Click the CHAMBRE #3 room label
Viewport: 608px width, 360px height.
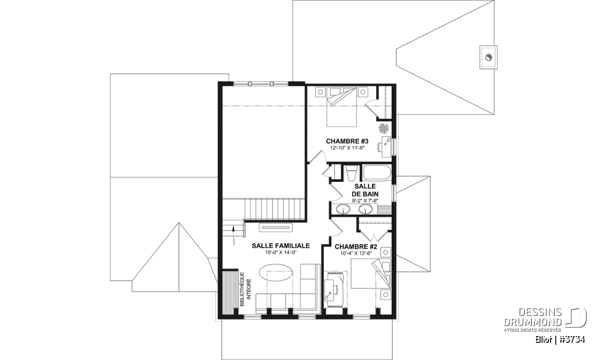pos(347,141)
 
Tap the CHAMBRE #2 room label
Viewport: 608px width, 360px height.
pos(356,247)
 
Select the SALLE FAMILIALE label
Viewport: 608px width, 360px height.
pos(281,246)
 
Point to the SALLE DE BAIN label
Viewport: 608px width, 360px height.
pos(365,190)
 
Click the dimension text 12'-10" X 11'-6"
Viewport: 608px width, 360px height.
pos(347,148)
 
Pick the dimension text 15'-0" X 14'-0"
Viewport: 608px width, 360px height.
pos(281,253)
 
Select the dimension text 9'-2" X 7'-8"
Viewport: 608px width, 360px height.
pos(365,201)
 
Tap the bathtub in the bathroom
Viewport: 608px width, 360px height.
pos(377,172)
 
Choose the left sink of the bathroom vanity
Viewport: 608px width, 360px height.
pos(344,210)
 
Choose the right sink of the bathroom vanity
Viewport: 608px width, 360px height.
pos(366,210)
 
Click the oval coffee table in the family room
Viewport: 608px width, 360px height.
pos(276,273)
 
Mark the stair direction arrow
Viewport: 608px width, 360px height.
pos(233,235)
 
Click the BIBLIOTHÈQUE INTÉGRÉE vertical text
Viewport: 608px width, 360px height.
pos(245,289)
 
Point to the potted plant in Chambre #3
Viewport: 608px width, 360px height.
pos(384,129)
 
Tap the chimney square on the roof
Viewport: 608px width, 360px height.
pos(488,57)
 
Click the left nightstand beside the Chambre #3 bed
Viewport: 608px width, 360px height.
pos(320,92)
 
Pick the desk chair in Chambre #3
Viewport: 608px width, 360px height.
pos(379,146)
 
